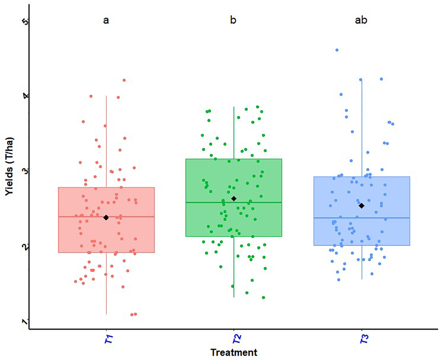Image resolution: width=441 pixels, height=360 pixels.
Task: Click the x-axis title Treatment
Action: [x=233, y=352]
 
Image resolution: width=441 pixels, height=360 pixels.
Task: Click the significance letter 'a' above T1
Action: [x=106, y=20]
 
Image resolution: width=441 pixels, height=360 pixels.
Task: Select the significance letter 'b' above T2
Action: [x=233, y=20]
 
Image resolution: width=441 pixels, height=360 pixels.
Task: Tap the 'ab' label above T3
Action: [x=361, y=20]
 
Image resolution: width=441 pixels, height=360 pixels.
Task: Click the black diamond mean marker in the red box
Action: [x=106, y=217]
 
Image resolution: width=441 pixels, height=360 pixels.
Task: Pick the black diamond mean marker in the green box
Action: [x=234, y=198]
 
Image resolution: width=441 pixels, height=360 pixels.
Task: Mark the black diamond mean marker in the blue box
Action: [x=361, y=206]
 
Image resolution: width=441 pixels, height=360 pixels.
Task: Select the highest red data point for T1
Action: [x=124, y=80]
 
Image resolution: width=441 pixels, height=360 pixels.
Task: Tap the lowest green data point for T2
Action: [x=263, y=297]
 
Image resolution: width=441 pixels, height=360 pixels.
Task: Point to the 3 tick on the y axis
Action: [x=25, y=170]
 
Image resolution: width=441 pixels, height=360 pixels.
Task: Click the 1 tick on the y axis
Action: [x=25, y=321]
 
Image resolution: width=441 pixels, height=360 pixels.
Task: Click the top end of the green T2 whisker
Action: [x=234, y=107]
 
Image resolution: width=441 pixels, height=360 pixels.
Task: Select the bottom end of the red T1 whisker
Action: [x=106, y=314]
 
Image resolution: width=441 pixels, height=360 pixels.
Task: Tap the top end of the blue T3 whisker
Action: [x=361, y=79]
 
